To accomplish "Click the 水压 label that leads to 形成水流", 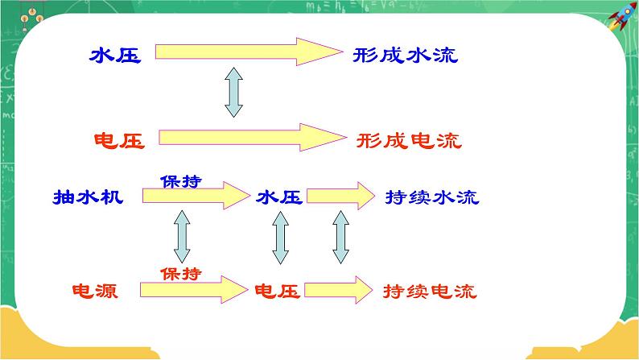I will pyautogui.click(x=116, y=56).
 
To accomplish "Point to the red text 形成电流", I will pyautogui.click(x=409, y=141).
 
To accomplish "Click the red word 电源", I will pyautogui.click(x=95, y=291).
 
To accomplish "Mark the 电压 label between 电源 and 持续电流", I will pyautogui.click(x=278, y=291).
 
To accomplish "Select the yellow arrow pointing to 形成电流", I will pyautogui.click(x=252, y=137).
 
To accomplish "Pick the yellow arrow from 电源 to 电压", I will pyautogui.click(x=194, y=288).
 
